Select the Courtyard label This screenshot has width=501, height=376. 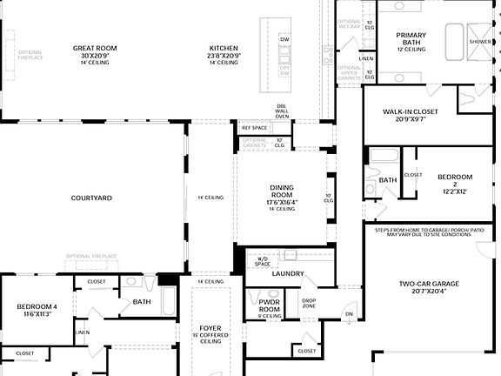(x=91, y=198)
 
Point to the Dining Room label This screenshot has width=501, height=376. (x=269, y=196)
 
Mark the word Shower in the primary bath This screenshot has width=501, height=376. (x=480, y=41)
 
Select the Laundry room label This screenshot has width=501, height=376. (x=287, y=273)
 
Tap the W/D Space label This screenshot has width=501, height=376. (x=262, y=261)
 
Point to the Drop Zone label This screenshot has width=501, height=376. (x=309, y=303)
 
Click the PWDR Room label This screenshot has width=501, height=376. (x=270, y=305)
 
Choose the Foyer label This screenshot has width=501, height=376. (x=210, y=334)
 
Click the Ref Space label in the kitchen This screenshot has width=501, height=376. (x=254, y=128)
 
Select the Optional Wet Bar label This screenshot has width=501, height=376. (x=349, y=23)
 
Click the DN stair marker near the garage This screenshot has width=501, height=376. (x=350, y=314)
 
